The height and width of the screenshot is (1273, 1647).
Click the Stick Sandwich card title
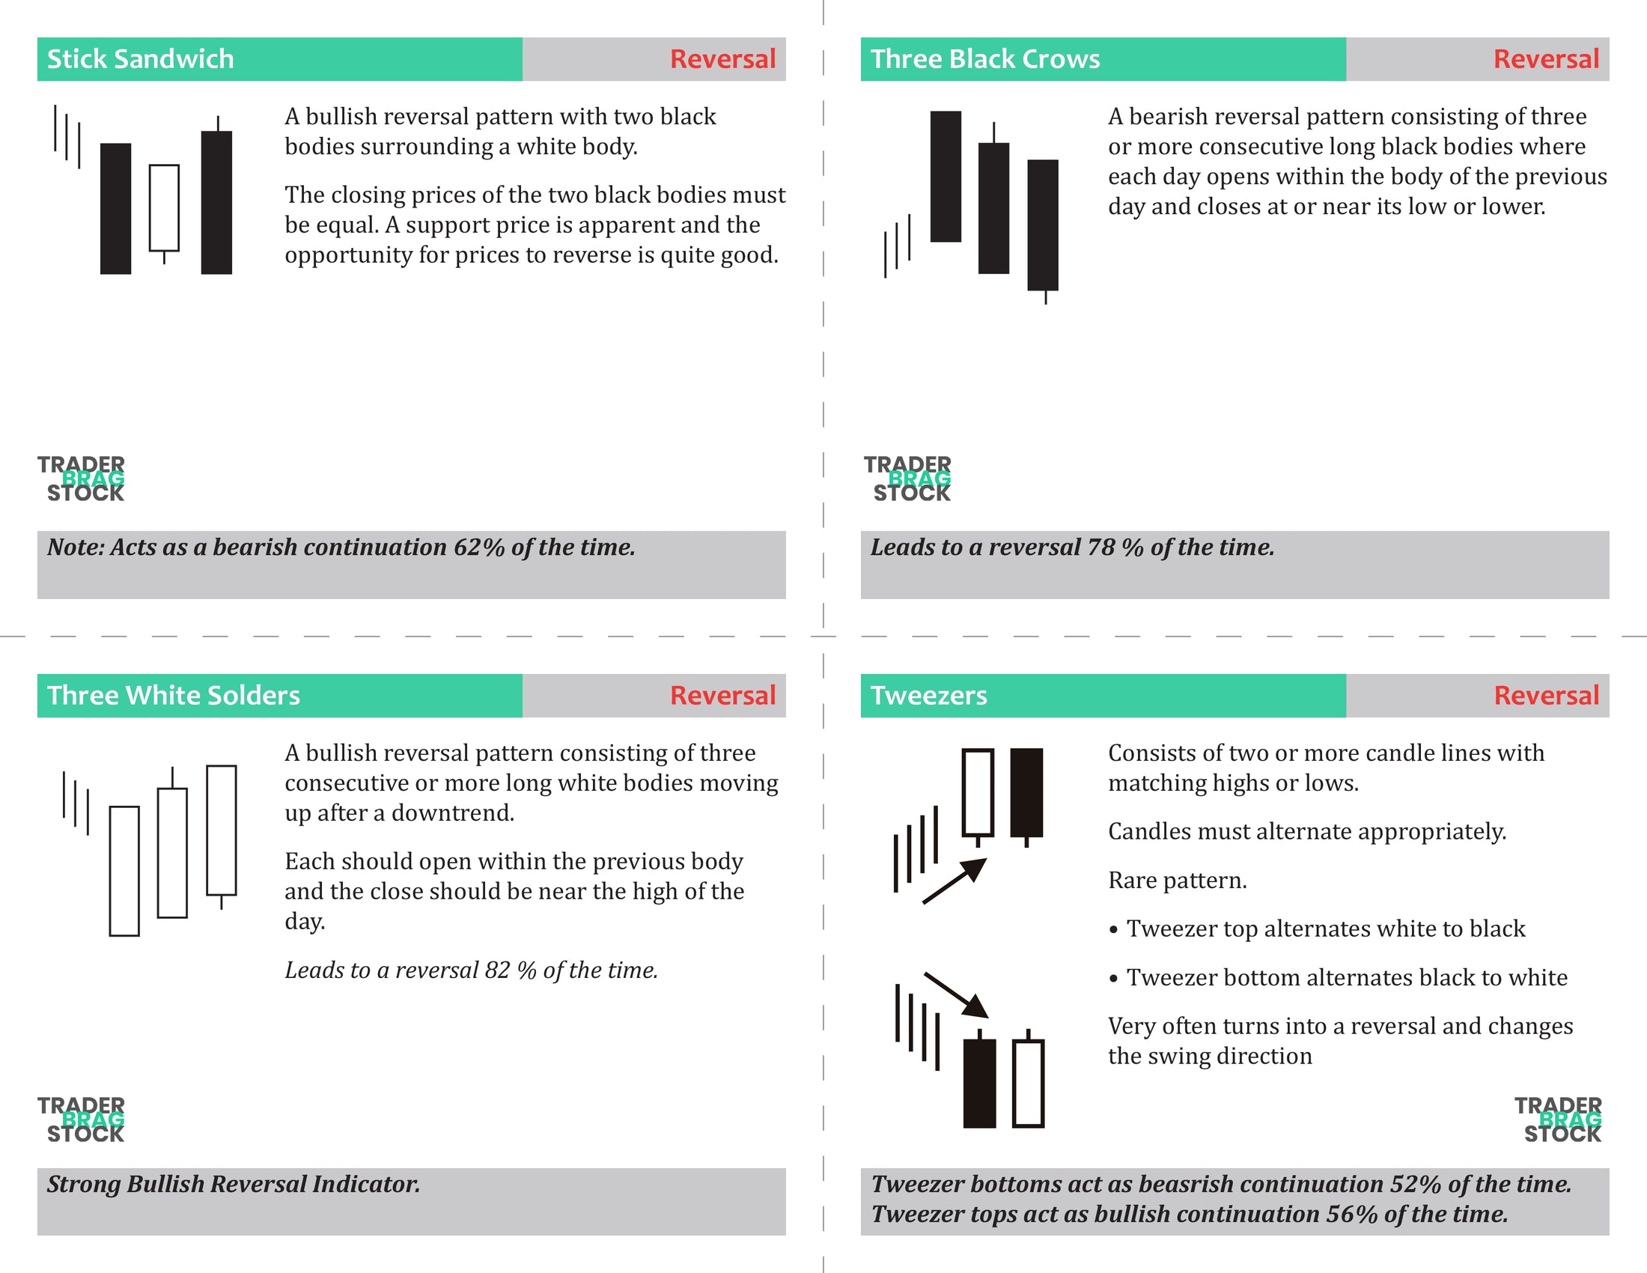pyautogui.click(x=140, y=59)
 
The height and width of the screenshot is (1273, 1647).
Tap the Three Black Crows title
pyautogui.click(x=985, y=59)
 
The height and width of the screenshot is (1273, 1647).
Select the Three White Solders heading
pyautogui.click(x=174, y=696)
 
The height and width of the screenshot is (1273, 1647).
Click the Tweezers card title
pyautogui.click(x=928, y=696)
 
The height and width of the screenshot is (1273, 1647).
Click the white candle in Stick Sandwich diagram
pyautogui.click(x=164, y=207)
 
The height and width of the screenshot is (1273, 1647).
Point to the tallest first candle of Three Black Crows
pyautogui.click(x=945, y=177)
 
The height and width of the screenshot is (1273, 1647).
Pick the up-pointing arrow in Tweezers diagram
pyautogui.click(x=955, y=881)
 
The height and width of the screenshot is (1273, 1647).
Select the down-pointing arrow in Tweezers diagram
pyautogui.click(x=956, y=994)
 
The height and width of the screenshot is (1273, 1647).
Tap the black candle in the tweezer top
pyautogui.click(x=1026, y=792)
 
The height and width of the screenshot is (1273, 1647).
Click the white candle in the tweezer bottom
pyautogui.click(x=1028, y=1083)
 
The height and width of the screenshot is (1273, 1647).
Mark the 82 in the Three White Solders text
pyautogui.click(x=498, y=970)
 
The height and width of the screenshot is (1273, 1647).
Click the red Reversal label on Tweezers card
pyautogui.click(x=1546, y=696)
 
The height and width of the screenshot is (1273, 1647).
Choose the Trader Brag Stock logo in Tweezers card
pyautogui.click(x=1558, y=1120)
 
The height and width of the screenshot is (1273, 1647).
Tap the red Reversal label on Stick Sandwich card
pyautogui.click(x=722, y=59)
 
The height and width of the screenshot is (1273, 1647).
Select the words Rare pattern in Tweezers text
pyautogui.click(x=1176, y=880)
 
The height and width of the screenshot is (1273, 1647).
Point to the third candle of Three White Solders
pyautogui.click(x=221, y=830)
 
